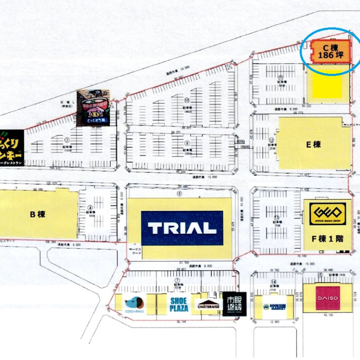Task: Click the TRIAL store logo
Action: (x=182, y=228)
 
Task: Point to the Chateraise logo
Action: (x=208, y=305)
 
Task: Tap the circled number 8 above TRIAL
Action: (x=180, y=194)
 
